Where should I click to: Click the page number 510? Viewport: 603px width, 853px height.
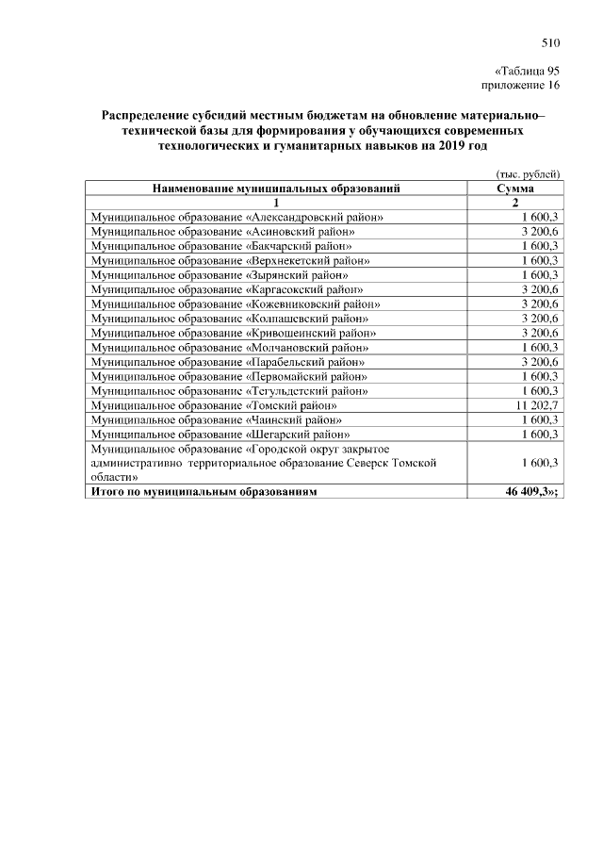[551, 42]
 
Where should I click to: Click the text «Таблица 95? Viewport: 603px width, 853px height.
[528, 72]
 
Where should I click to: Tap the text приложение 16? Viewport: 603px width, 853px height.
[521, 86]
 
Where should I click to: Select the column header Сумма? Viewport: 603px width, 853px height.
[515, 189]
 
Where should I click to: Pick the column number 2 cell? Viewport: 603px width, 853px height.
[515, 203]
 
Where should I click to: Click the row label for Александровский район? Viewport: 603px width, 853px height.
[236, 217]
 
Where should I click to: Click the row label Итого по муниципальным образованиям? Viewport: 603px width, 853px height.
[204, 491]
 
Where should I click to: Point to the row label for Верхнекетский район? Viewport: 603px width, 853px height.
[229, 260]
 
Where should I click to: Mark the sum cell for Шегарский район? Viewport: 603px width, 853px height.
[540, 434]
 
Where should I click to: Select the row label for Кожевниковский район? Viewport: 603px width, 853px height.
[235, 303]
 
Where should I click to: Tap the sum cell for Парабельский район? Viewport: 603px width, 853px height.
[540, 361]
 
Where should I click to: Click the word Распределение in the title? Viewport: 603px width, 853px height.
[149, 115]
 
